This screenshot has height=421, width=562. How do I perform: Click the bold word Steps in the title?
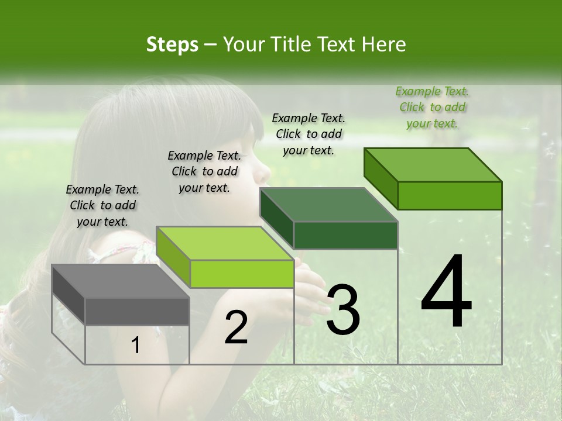tap(172, 44)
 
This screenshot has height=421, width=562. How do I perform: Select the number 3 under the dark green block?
tap(342, 310)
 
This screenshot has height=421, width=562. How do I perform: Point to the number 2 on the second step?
tap(236, 327)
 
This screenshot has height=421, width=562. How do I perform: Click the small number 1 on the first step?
tap(135, 346)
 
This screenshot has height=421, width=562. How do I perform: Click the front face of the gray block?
tap(137, 312)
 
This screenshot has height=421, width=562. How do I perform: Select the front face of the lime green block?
tap(242, 274)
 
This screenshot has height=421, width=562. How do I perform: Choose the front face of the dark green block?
tap(345, 236)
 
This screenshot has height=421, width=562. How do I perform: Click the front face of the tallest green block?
tap(450, 195)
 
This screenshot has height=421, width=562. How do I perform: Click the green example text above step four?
tap(432, 108)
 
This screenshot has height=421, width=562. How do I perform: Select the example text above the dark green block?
tap(309, 134)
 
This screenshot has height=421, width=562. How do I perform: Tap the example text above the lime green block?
tap(204, 171)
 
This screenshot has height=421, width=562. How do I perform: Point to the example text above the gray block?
tap(102, 205)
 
